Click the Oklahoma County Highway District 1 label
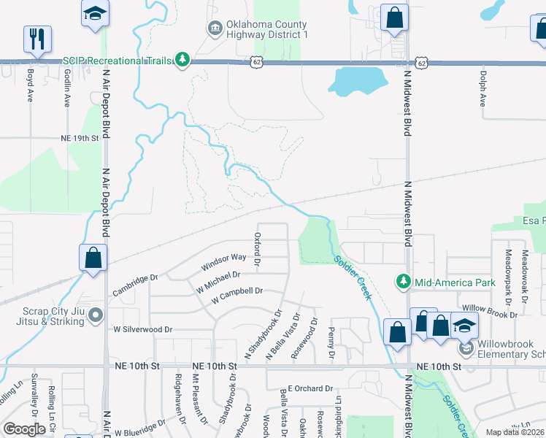pyautogui.click(x=266, y=29)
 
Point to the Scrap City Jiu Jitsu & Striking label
pyautogui.click(x=47, y=313)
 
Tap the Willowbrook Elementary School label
pyautogui.click(x=510, y=350)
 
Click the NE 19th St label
pyautogui.click(x=79, y=137)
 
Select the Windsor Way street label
pyautogui.click(x=224, y=258)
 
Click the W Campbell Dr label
pyautogui.click(x=237, y=295)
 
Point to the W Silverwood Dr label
pyautogui.click(x=142, y=329)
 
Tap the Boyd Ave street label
pyautogui.click(x=31, y=85)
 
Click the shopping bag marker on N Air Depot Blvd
pyautogui.click(x=93, y=258)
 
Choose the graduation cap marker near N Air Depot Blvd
pyautogui.click(x=95, y=15)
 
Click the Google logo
pyautogui.click(x=24, y=429)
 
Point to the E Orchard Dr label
pyautogui.click(x=310, y=389)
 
